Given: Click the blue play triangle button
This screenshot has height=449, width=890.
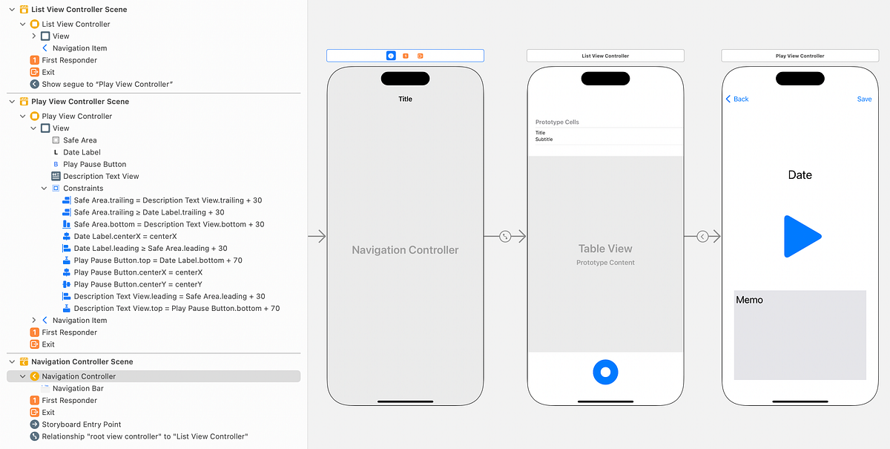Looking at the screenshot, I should click(800, 237).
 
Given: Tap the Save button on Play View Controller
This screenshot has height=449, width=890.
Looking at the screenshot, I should click(864, 99).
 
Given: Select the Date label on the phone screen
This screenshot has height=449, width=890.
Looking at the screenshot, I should click(800, 175).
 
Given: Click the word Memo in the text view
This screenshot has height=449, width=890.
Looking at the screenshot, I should click(749, 300).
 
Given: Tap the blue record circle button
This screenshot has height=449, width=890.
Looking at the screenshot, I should click(605, 372).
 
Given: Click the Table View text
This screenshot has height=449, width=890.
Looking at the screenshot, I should click(605, 249).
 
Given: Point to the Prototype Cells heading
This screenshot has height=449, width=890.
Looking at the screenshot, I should click(557, 122).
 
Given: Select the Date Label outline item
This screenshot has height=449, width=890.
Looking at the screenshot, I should click(82, 152).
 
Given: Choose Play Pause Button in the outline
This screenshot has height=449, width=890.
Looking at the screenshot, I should click(94, 164).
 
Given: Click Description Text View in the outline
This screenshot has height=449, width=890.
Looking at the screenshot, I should click(101, 176).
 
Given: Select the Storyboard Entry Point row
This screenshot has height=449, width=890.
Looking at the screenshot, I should click(82, 425).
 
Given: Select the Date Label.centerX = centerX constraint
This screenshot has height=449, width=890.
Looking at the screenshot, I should click(125, 236).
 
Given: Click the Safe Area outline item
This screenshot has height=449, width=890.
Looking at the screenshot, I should click(79, 140).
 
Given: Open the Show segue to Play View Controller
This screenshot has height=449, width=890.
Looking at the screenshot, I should click(107, 84).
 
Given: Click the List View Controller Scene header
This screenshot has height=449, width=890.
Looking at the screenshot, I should click(79, 10).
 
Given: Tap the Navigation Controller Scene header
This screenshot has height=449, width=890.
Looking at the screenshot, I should click(82, 361).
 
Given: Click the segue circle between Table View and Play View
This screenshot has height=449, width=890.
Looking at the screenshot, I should click(702, 237).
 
